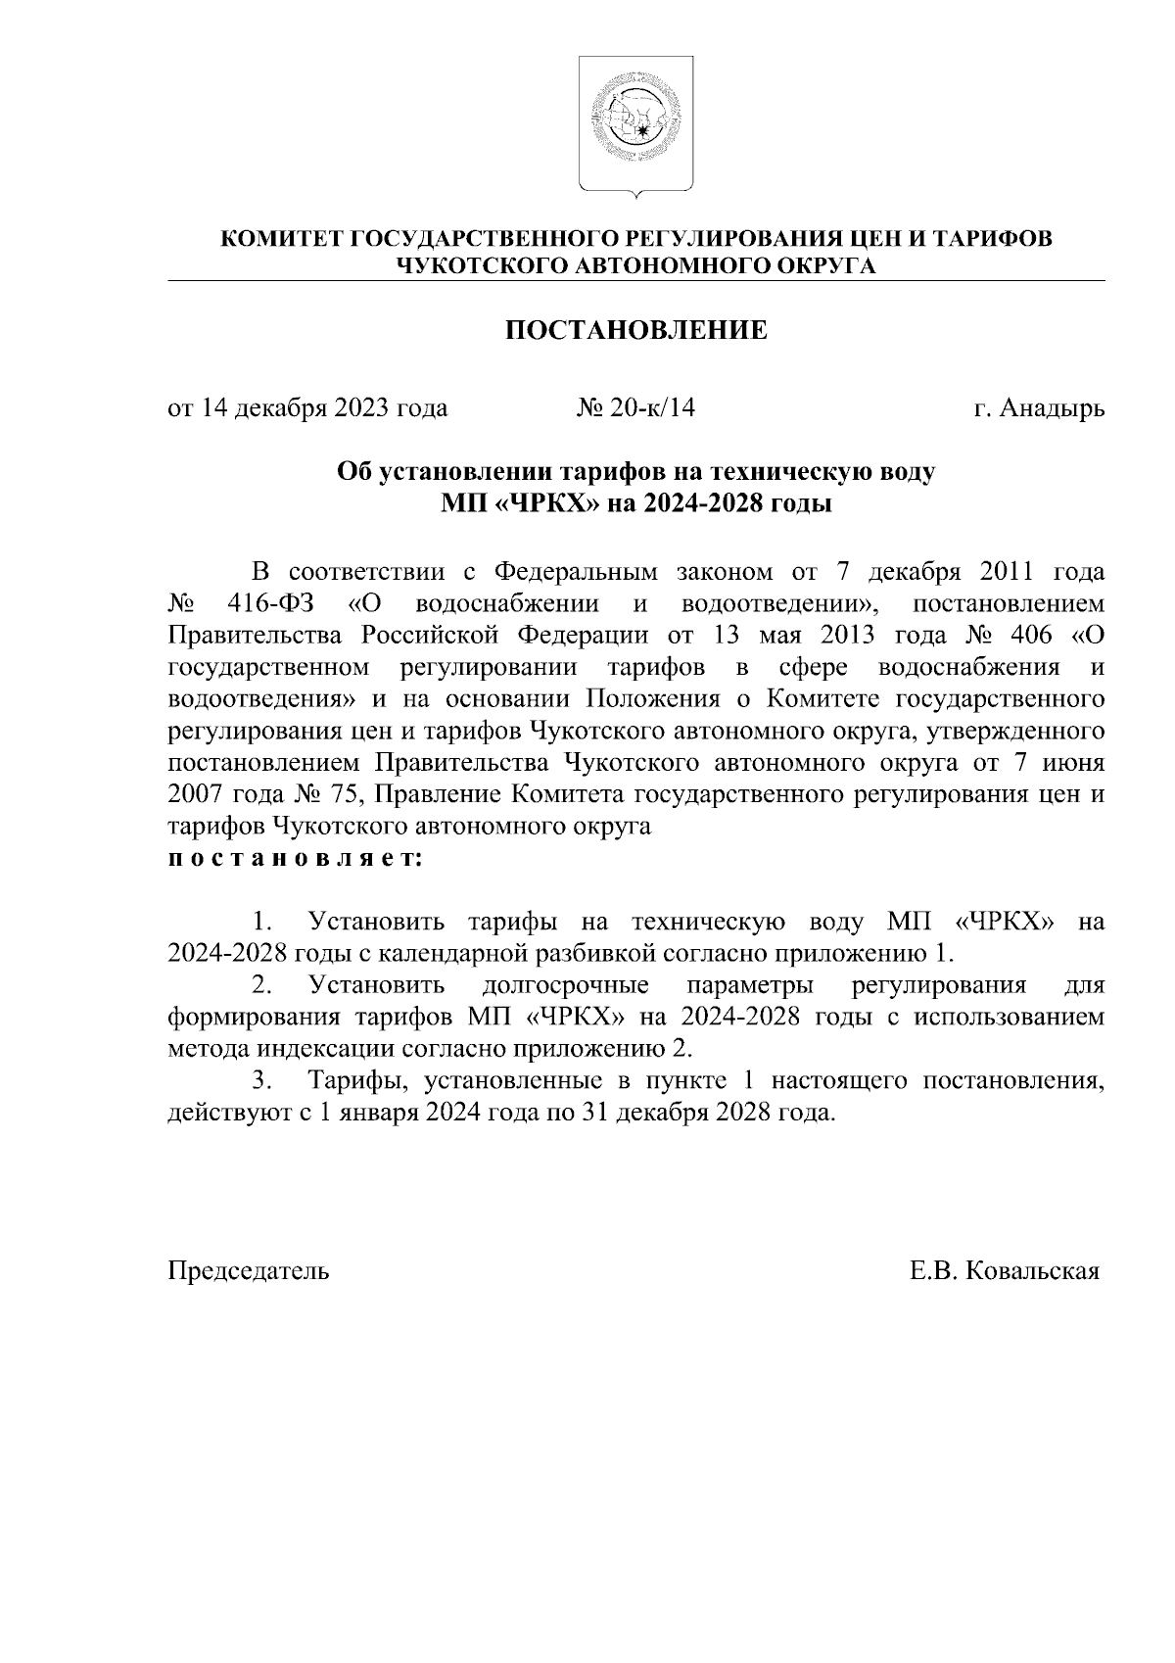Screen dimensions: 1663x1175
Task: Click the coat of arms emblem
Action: pyautogui.click(x=635, y=123)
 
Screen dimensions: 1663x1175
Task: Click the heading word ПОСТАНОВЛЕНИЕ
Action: pyautogui.click(x=635, y=331)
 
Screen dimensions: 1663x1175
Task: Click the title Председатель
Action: pyautogui.click(x=249, y=1271)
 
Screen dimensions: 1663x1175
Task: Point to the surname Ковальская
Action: pyautogui.click(x=1033, y=1271)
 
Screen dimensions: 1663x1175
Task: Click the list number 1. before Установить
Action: pyautogui.click(x=261, y=923)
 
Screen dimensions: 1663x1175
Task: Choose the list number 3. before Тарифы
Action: pyautogui.click(x=261, y=1081)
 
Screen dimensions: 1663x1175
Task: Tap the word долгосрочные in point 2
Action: pyautogui.click(x=566, y=985)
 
